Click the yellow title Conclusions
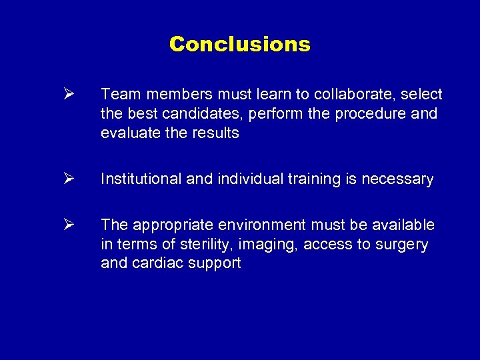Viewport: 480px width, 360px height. [x=239, y=45]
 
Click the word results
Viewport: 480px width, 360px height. [x=215, y=133]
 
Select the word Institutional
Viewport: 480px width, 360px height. [x=139, y=179]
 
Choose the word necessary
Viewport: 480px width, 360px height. [x=397, y=179]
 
